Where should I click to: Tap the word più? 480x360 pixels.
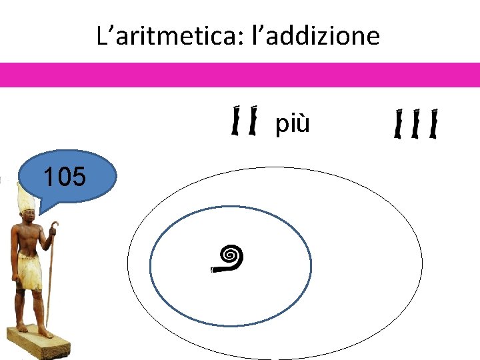tap(293, 124)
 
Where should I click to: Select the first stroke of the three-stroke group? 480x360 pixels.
tap(399, 125)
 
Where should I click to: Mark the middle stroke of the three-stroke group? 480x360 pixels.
tap(416, 125)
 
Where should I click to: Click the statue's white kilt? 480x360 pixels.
tap(29, 269)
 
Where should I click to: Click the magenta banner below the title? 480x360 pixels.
tap(240, 75)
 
